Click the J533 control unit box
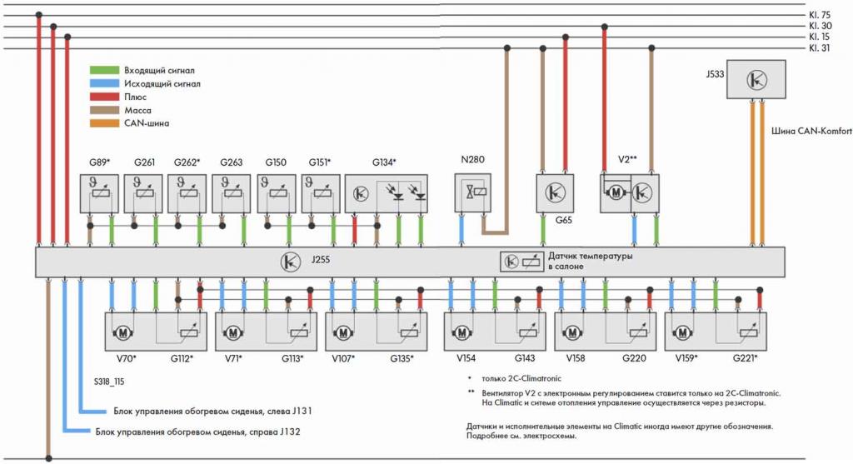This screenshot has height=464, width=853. pos(756,79)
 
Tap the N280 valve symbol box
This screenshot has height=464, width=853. pos(473,192)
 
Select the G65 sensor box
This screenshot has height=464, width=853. pos(555,193)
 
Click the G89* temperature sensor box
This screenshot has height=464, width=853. pos(99,193)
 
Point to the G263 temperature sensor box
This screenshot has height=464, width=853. pos(232,193)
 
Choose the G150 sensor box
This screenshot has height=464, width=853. pos(277,193)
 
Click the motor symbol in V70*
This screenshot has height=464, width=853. pos(123,332)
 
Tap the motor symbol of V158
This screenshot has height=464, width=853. pos(572,332)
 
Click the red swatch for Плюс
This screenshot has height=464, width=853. pos(104,97)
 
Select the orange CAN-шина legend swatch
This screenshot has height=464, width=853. pos(104,123)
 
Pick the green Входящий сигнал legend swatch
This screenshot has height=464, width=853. pos(104,70)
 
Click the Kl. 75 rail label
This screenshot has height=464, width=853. pos(820,15)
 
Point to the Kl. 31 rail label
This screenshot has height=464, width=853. pos(820,47)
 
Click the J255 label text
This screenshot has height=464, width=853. pos(321,259)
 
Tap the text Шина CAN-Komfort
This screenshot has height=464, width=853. pos(811,131)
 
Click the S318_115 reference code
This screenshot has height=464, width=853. pos(109,382)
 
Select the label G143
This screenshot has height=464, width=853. pos(525,358)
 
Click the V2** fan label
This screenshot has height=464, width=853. pos(627,159)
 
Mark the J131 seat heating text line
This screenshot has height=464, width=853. pos(212,412)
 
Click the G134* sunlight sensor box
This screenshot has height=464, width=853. pos(387,193)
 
